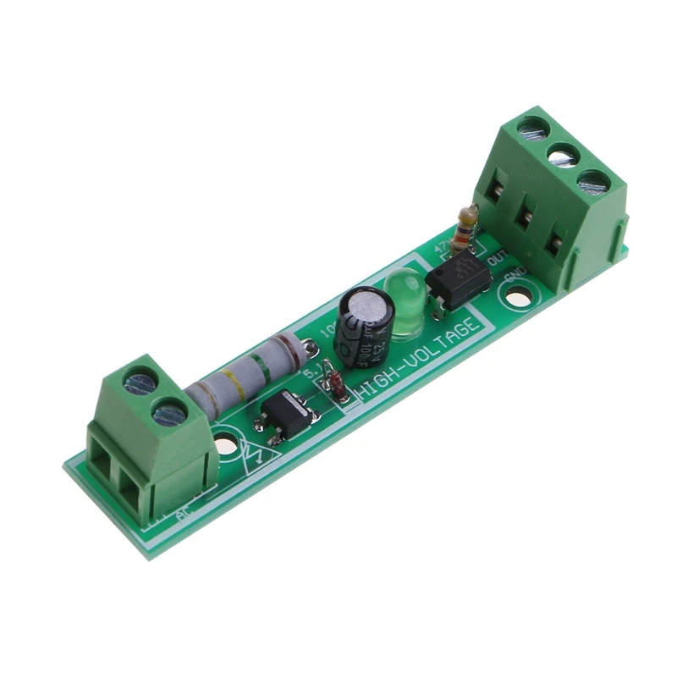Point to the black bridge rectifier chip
click(x=286, y=415)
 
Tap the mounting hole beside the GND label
click(x=519, y=296)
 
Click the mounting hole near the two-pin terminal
click(x=225, y=444)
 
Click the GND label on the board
click(x=515, y=277)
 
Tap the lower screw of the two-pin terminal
click(x=170, y=414)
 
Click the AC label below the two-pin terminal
click(x=183, y=513)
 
